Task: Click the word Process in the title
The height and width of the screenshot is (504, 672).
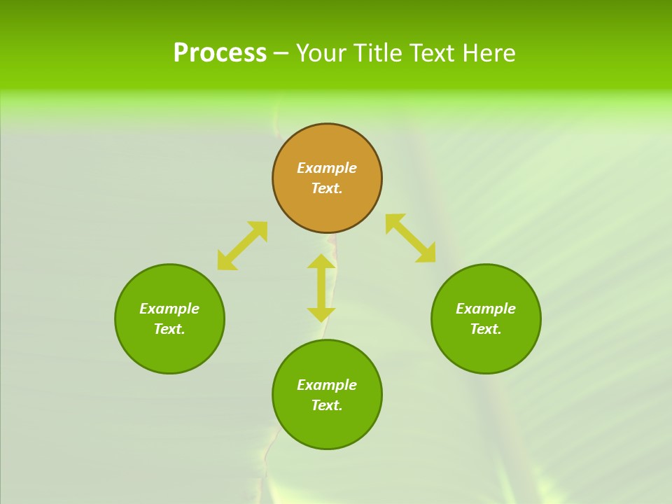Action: [220, 53]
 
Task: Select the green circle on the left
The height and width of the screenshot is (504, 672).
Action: [169, 350]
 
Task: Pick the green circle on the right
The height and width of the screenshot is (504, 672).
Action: [486, 350]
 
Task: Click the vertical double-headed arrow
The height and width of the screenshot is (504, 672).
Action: [321, 288]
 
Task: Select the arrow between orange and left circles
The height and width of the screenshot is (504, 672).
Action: [242, 246]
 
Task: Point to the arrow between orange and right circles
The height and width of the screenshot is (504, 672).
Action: [411, 238]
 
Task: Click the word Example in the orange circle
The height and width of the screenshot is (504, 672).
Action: [327, 168]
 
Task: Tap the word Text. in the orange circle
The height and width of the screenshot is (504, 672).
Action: [327, 188]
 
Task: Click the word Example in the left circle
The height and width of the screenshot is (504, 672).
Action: [169, 309]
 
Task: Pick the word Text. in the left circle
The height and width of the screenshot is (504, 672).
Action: [169, 329]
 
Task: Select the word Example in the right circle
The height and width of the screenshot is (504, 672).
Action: [486, 309]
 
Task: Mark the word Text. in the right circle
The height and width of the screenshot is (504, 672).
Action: [486, 329]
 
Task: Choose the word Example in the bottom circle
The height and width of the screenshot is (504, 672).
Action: [327, 385]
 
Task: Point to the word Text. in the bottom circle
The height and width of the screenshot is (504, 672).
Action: [327, 405]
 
